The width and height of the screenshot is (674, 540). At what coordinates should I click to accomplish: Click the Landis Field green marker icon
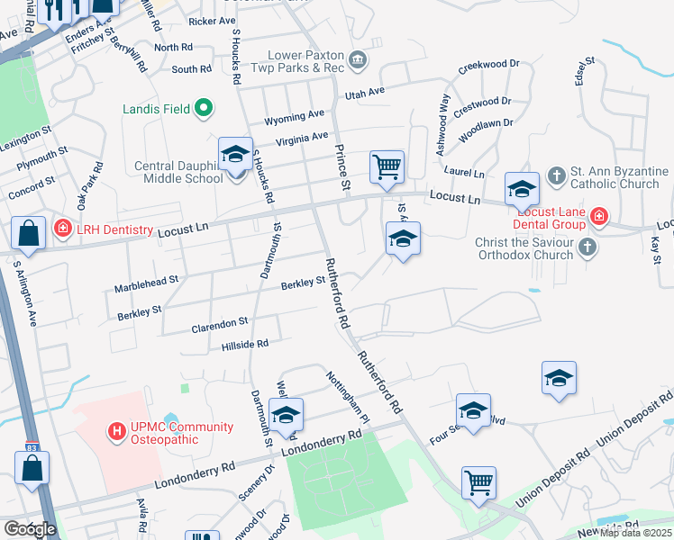tap(204, 109)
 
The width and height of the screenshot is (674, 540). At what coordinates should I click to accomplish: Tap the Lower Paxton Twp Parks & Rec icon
tap(358, 60)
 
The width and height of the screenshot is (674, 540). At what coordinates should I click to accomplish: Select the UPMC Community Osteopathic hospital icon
tap(115, 433)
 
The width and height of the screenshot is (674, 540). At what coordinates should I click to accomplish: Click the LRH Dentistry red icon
tap(62, 229)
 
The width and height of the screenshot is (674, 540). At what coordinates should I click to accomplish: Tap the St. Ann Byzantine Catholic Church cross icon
tap(557, 176)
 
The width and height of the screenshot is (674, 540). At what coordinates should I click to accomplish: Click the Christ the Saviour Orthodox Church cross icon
tap(587, 247)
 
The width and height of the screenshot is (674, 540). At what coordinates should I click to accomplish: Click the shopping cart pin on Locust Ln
tap(387, 166)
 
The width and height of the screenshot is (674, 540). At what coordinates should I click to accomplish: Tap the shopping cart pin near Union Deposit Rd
tap(478, 481)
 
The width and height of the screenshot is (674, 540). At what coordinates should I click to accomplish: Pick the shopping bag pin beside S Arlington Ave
tap(29, 232)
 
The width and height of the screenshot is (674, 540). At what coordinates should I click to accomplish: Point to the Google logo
tap(29, 529)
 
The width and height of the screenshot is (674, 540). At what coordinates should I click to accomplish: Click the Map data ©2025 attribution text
tap(635, 533)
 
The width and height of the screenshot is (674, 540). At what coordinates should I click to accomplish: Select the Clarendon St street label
tap(219, 321)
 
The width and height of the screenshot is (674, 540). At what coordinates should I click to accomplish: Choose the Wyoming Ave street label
tap(293, 117)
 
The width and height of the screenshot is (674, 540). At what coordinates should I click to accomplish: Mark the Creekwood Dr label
tap(489, 65)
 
